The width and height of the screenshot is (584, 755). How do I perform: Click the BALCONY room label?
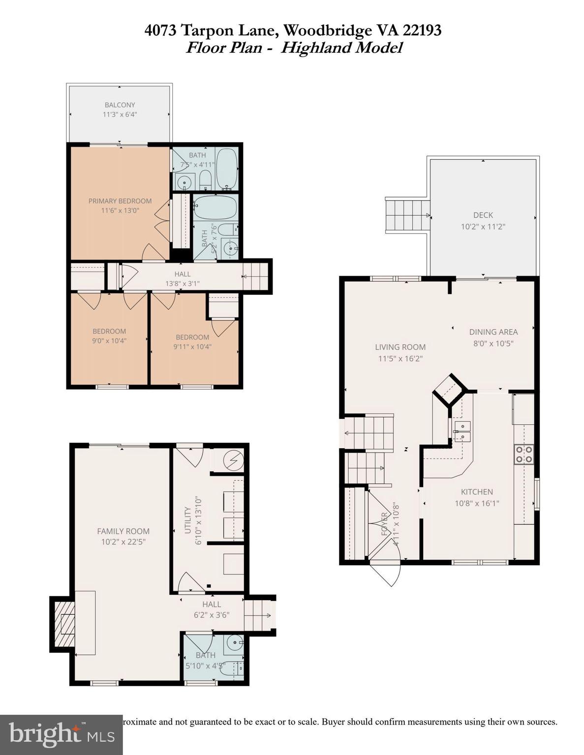[120, 105]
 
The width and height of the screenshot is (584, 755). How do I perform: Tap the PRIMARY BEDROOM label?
[120, 201]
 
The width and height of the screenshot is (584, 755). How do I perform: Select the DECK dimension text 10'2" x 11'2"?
[483, 227]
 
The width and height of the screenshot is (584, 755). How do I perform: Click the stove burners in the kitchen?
[523, 454]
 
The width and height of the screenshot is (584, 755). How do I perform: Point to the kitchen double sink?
[462, 431]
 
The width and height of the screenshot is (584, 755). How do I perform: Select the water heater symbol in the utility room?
[231, 460]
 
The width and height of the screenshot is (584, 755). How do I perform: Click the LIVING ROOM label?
[400, 347]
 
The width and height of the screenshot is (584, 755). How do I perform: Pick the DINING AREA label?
[493, 332]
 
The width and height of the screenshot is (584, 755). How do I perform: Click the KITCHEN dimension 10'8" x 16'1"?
[477, 503]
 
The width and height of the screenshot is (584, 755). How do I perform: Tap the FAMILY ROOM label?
[123, 531]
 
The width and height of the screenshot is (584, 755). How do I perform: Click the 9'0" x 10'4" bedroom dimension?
[109, 340]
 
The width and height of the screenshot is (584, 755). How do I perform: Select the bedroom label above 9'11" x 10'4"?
[192, 337]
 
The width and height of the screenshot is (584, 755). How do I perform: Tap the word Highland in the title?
[315, 48]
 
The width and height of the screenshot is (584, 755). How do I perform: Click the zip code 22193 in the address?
[422, 30]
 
